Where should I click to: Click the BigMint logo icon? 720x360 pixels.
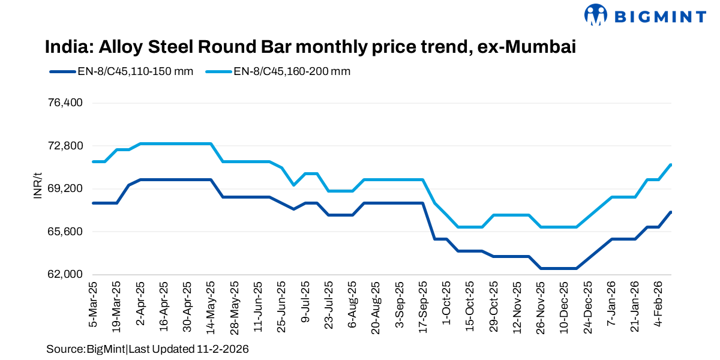tap(598, 15)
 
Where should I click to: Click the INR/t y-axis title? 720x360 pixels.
tap(37, 187)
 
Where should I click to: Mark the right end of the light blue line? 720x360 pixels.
tap(671, 164)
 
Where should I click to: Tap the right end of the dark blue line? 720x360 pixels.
tap(671, 212)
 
